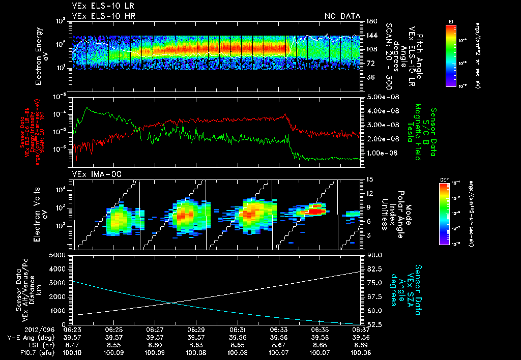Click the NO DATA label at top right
point(342,16)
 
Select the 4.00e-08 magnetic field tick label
point(382,111)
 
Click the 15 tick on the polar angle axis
point(369,179)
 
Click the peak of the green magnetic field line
point(88,108)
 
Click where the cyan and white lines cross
point(170,303)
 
